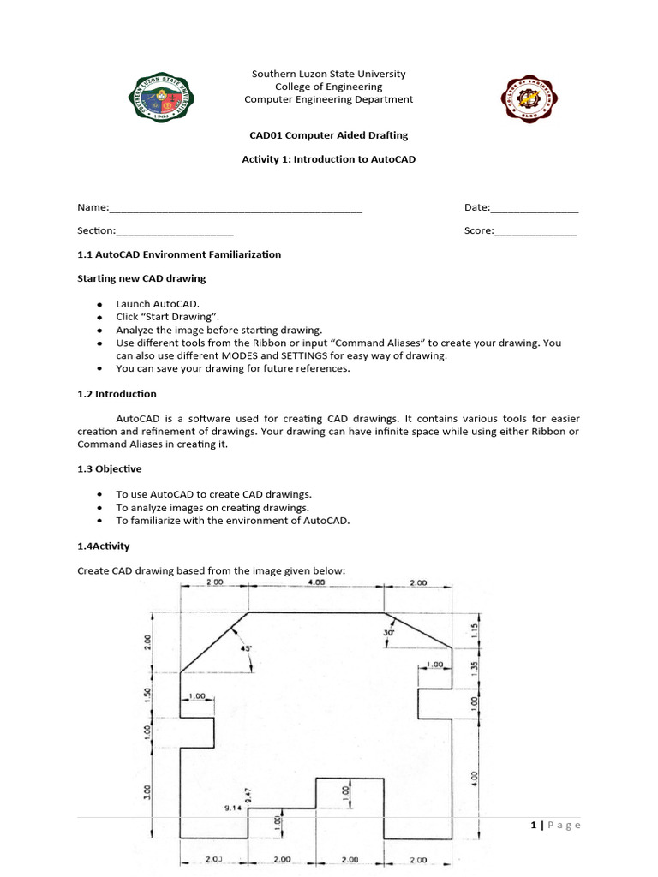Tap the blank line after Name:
(x=236, y=208)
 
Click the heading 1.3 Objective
(x=110, y=468)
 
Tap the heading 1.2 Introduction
(x=117, y=394)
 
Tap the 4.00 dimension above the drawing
(x=316, y=582)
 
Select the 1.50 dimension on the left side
(x=147, y=696)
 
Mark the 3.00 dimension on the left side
(x=147, y=791)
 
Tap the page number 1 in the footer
(x=533, y=825)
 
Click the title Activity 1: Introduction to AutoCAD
(x=329, y=159)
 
